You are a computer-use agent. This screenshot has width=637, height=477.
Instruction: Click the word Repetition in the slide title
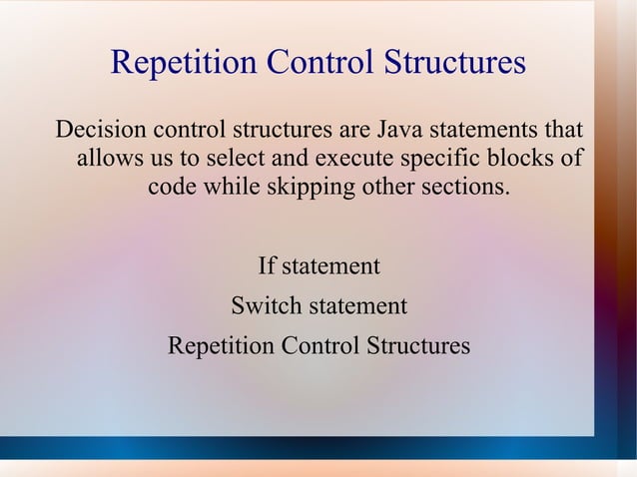click(x=182, y=63)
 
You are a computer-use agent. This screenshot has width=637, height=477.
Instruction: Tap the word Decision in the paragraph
click(x=98, y=131)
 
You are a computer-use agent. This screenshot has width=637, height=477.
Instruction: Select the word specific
click(x=438, y=159)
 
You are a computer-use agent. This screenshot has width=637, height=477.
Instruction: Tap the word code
click(x=174, y=187)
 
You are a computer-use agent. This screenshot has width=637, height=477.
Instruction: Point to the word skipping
click(x=307, y=187)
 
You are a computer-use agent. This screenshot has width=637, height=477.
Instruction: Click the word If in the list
click(x=267, y=266)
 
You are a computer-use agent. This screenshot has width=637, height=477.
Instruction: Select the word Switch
click(x=262, y=306)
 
